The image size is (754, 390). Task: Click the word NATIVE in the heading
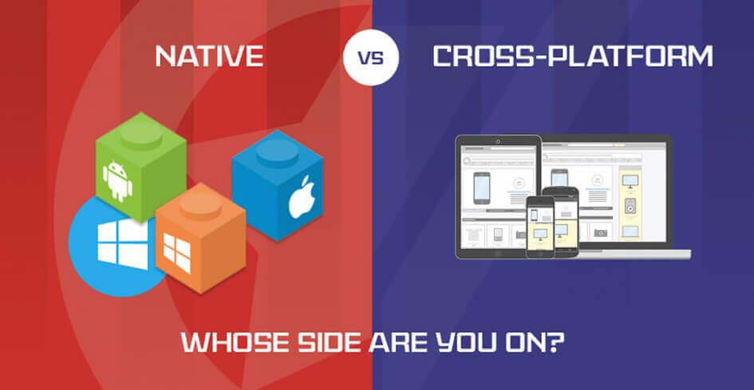pyautogui.click(x=208, y=57)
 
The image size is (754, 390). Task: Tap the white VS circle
pyautogui.click(x=371, y=57)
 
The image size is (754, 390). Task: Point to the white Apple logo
pyautogui.click(x=302, y=197)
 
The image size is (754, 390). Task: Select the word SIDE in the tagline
pyautogui.click(x=325, y=343)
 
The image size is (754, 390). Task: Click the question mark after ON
pyautogui.click(x=559, y=343)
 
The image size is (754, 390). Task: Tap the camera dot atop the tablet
pyautogui.click(x=498, y=142)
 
